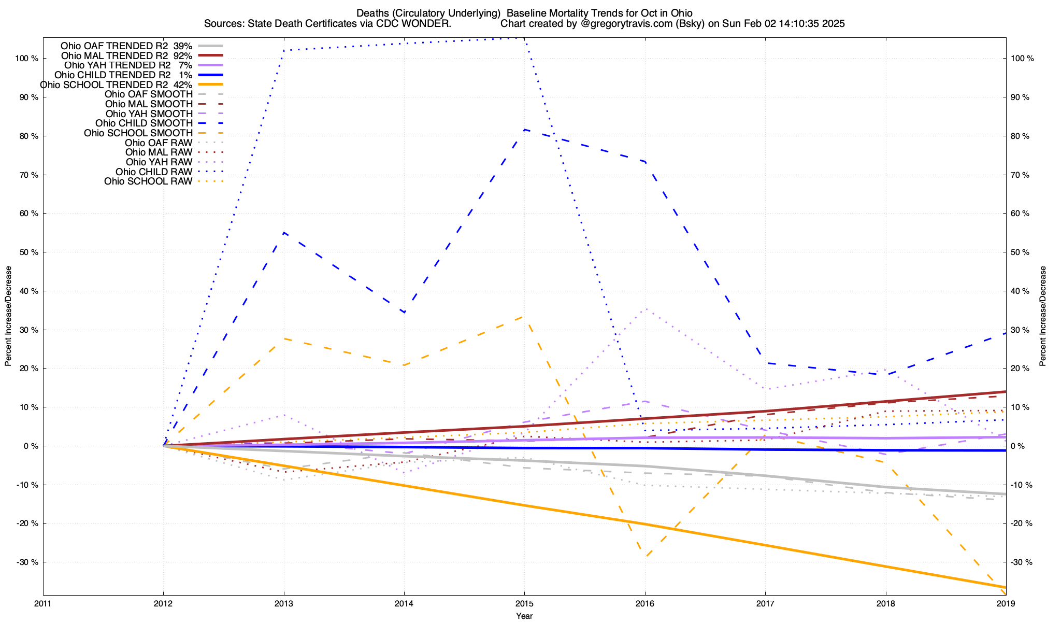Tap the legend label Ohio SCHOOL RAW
148,181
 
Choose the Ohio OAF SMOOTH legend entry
149,94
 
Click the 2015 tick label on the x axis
524,603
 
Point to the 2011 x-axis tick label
43,603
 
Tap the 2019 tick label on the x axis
1006,603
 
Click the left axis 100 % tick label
27,59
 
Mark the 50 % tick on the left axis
29,252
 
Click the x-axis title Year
524,616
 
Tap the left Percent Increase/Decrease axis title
8,316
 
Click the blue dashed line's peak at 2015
524,130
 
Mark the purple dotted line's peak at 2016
645,309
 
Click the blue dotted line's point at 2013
284,50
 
